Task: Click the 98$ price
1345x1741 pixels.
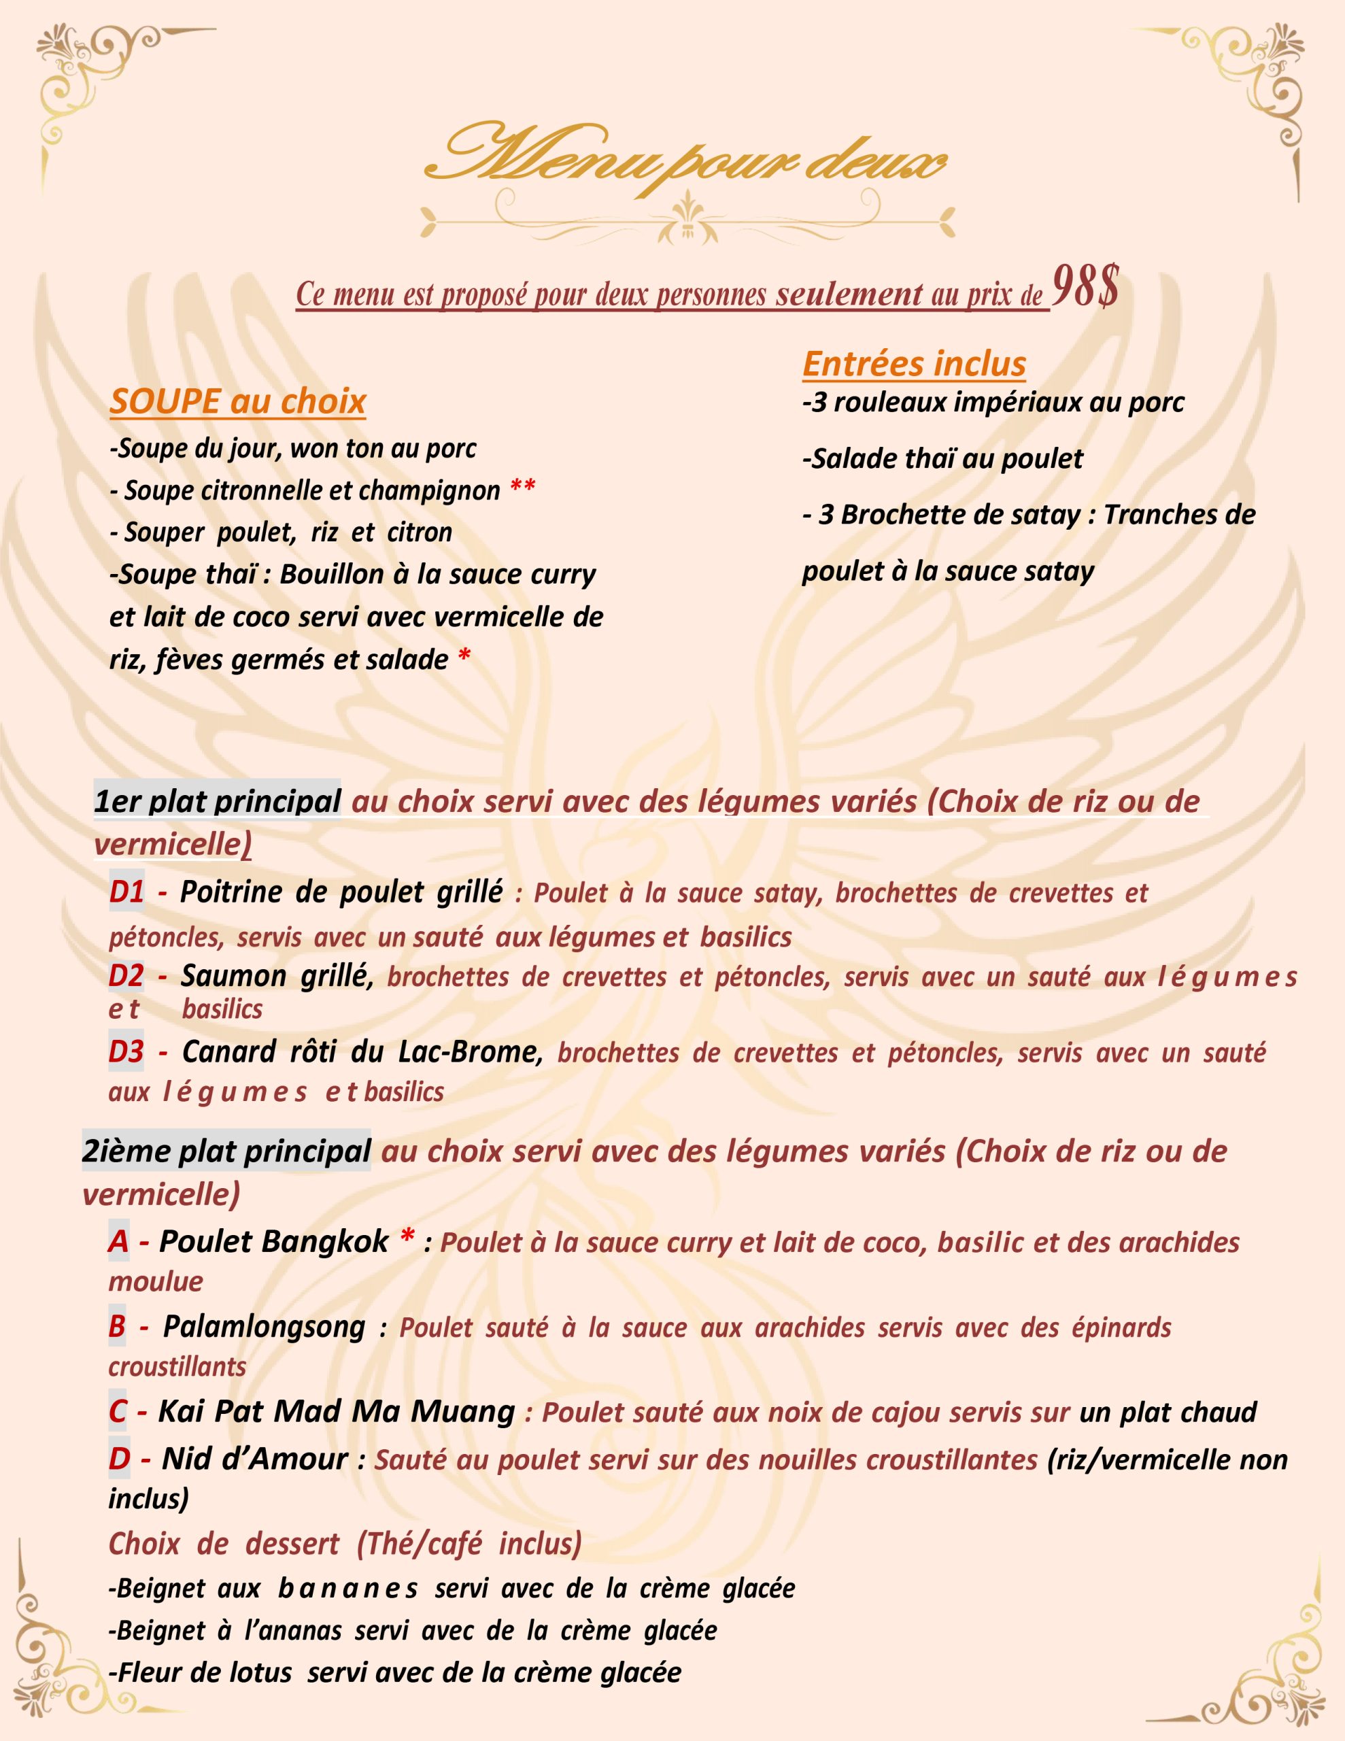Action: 1085,288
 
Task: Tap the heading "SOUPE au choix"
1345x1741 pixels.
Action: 237,401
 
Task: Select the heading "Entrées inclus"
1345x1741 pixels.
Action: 914,364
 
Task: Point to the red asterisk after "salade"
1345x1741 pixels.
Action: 464,657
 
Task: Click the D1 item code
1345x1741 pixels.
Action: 126,891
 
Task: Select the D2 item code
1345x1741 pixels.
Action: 126,976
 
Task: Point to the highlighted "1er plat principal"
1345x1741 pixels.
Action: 217,801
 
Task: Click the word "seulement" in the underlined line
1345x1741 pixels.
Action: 849,295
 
